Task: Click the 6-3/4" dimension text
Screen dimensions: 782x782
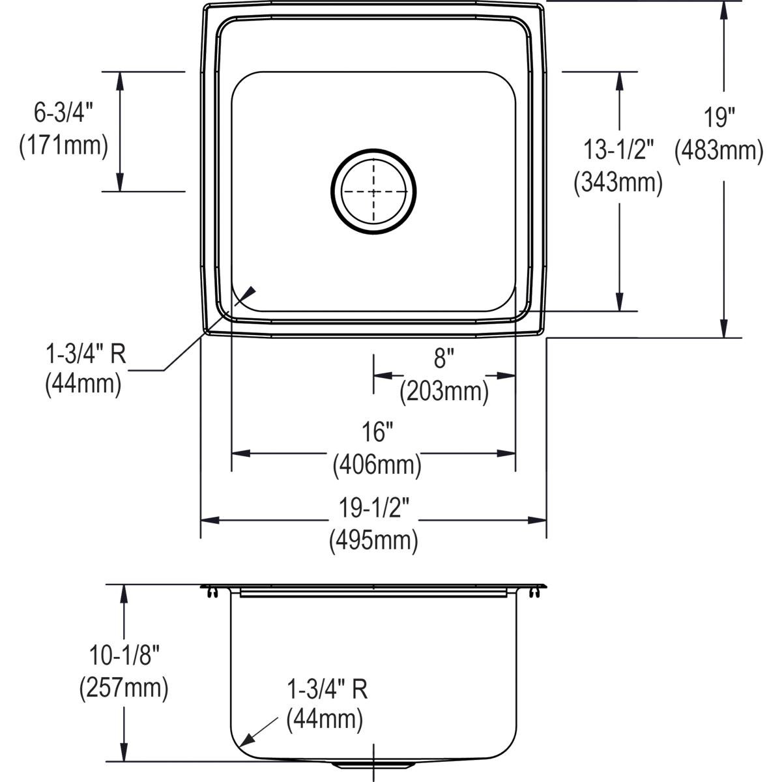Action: click(64, 113)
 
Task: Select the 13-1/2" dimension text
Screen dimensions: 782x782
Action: click(618, 151)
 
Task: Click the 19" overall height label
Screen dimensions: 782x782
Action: click(719, 118)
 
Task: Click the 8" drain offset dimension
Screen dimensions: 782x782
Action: click(443, 358)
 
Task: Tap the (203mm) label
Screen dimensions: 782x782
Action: click(444, 391)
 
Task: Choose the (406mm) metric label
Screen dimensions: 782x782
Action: click(377, 465)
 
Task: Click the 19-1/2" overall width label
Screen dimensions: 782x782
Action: click(373, 508)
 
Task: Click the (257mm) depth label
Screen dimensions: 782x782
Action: click(124, 688)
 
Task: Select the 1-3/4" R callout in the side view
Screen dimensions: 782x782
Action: click(327, 689)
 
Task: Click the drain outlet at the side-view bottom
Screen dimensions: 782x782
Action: click(373, 763)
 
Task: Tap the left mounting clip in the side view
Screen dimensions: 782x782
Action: click(212, 592)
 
